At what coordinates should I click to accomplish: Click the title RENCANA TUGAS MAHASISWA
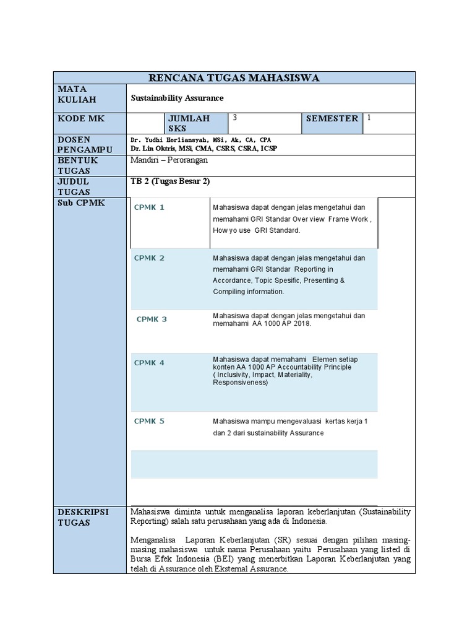(x=234, y=77)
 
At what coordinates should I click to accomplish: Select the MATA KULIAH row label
(x=77, y=94)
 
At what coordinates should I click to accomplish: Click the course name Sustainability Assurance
(x=178, y=98)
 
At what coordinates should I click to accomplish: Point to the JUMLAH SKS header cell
(x=189, y=123)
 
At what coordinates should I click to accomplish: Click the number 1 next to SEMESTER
(x=369, y=117)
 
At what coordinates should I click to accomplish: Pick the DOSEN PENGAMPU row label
(x=85, y=144)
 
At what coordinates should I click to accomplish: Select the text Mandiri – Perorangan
(x=169, y=160)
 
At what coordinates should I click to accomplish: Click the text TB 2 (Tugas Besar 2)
(x=165, y=181)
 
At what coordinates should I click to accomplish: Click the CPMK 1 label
(x=149, y=207)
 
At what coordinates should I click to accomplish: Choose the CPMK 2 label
(x=149, y=258)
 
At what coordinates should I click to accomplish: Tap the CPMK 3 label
(x=152, y=319)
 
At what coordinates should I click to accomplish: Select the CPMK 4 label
(x=149, y=363)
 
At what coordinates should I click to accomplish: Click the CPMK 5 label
(x=149, y=421)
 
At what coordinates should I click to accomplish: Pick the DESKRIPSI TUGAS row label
(x=83, y=517)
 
